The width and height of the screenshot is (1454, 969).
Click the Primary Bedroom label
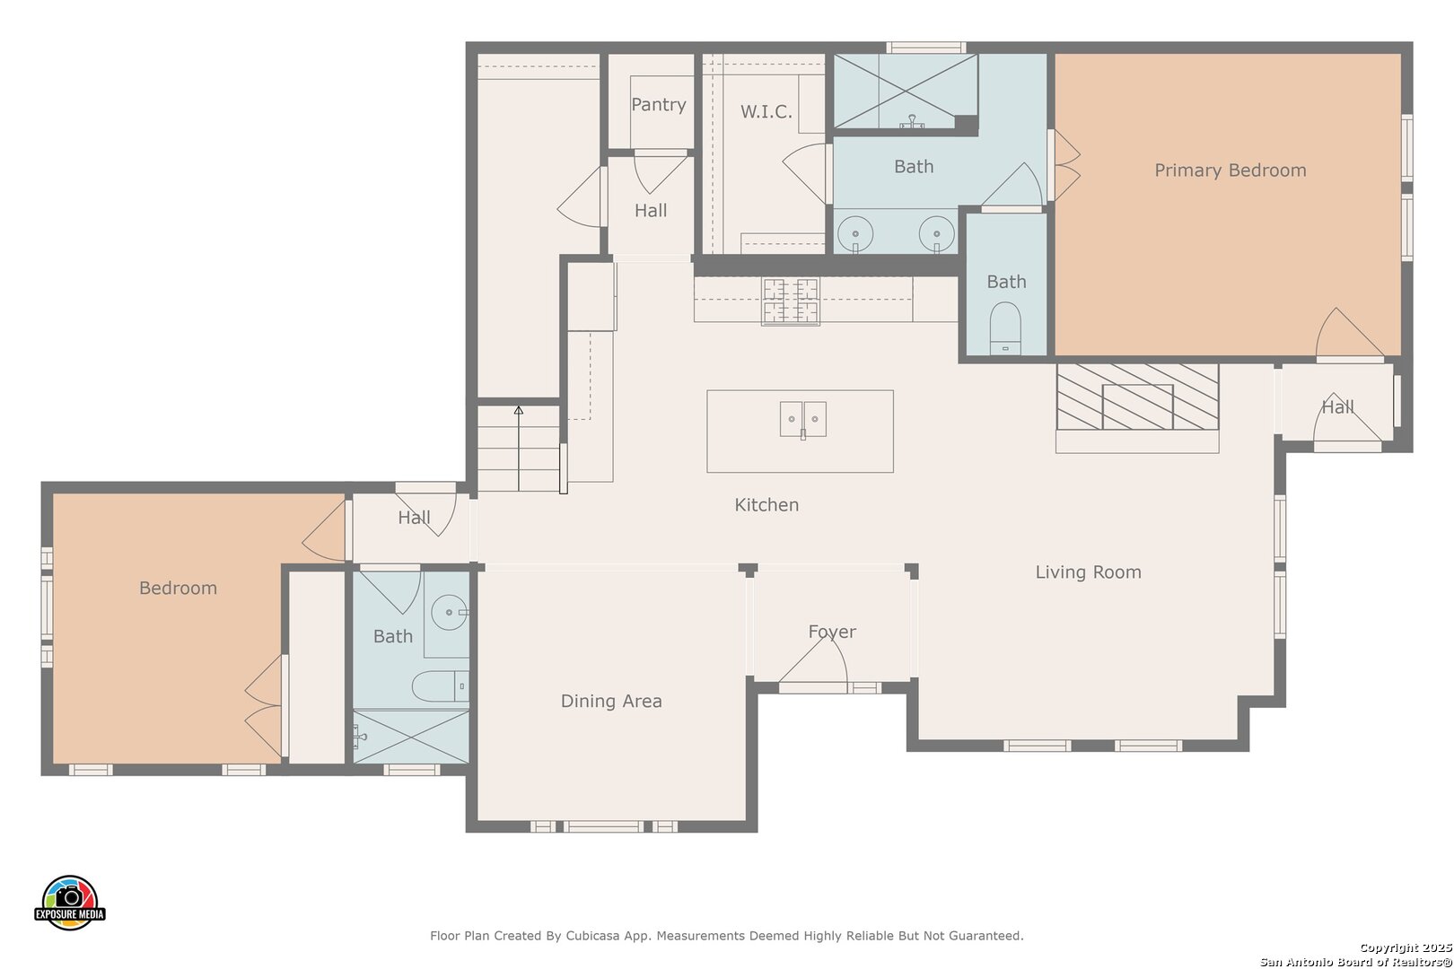pos(1230,170)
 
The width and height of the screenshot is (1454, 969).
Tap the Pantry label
pos(658,104)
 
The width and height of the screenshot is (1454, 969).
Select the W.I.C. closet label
pos(766,111)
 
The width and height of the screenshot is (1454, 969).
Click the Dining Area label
pos(611,701)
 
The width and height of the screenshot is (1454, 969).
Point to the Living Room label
pos(1088,572)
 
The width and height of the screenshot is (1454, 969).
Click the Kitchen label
pos(766,505)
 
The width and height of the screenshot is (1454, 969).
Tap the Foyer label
pos(832,632)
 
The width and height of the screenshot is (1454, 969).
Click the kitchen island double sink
pos(803,419)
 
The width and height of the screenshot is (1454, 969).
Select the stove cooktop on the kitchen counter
pos(791,301)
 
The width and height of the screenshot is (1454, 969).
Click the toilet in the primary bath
pos(1005,327)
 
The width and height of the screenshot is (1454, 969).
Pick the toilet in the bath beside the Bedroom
pos(441,686)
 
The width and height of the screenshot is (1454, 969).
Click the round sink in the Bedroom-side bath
pos(450,612)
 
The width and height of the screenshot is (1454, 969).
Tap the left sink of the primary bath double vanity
pos(855,234)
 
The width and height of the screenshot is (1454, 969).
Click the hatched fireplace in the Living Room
pos(1137,397)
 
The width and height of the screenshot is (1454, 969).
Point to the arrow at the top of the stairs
pos(519,410)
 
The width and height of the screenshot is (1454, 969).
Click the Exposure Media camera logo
pos(69,902)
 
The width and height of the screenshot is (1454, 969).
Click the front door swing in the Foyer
pos(813,659)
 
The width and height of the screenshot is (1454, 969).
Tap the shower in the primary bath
pos(906,91)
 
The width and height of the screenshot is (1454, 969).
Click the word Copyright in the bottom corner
pos(1389,947)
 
